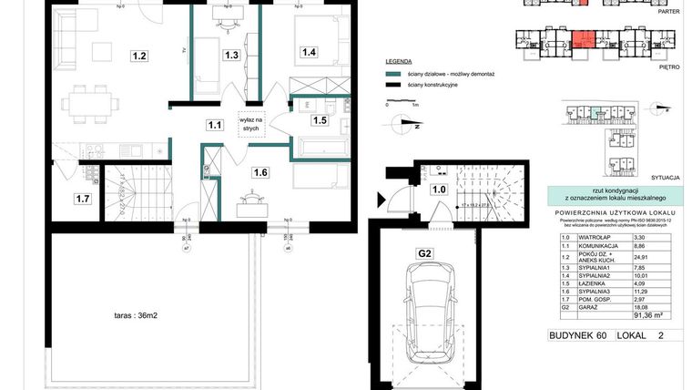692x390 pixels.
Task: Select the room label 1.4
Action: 309,53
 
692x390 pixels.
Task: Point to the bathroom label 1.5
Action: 320,119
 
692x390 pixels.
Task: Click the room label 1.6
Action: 261,172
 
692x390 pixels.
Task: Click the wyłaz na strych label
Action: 251,125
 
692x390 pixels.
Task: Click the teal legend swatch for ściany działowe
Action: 393,73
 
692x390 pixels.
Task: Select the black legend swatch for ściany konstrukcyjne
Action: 393,85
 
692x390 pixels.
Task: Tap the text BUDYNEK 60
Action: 577,336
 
